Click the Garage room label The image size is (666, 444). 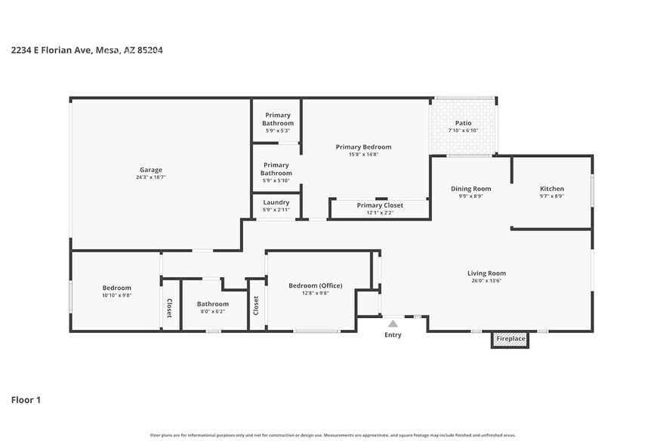tap(150, 170)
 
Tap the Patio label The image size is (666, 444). tap(463, 123)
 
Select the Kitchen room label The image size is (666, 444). tap(551, 189)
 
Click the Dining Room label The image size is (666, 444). tap(471, 189)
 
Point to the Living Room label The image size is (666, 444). tap(486, 273)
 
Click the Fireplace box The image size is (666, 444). tap(510, 339)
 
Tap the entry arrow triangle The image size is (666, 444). tap(393, 323)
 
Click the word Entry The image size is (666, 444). tap(393, 335)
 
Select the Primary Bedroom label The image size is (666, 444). tap(363, 147)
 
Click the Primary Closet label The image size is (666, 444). tap(380, 205)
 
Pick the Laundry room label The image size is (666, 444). tap(276, 202)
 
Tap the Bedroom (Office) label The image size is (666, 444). tap(316, 285)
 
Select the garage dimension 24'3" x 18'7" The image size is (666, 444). tap(150, 177)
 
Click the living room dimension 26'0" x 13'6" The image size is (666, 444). tap(486, 281)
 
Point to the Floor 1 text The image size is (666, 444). tap(26, 399)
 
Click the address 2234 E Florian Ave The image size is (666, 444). tap(51, 51)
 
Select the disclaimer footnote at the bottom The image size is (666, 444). tap(333, 435)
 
